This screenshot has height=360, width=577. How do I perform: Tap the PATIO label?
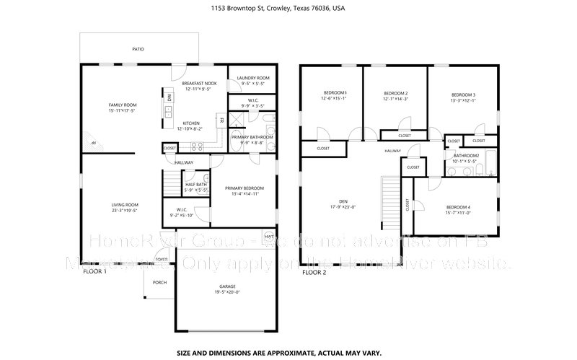[x=138, y=49]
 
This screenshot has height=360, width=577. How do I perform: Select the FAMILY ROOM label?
[x=123, y=105]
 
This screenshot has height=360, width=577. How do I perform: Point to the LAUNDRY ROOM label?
[x=254, y=78]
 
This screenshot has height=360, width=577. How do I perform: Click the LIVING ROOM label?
[x=124, y=205]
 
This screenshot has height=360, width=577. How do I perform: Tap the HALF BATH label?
[x=196, y=185]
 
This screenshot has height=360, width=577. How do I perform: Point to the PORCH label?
[x=159, y=283]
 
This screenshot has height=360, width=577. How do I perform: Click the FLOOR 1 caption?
[x=94, y=273]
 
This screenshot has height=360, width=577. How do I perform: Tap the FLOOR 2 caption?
[x=314, y=273]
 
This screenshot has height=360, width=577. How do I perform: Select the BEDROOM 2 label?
[x=396, y=94]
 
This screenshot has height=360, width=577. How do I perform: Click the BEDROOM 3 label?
[x=463, y=95]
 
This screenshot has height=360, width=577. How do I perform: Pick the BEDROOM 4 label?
[x=459, y=207]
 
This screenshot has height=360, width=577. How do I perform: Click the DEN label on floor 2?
[x=343, y=202]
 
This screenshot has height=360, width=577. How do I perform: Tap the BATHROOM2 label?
[x=467, y=156]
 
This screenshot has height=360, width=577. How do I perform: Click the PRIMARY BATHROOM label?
[x=252, y=137]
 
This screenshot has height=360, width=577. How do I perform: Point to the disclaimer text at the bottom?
[x=288, y=335]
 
